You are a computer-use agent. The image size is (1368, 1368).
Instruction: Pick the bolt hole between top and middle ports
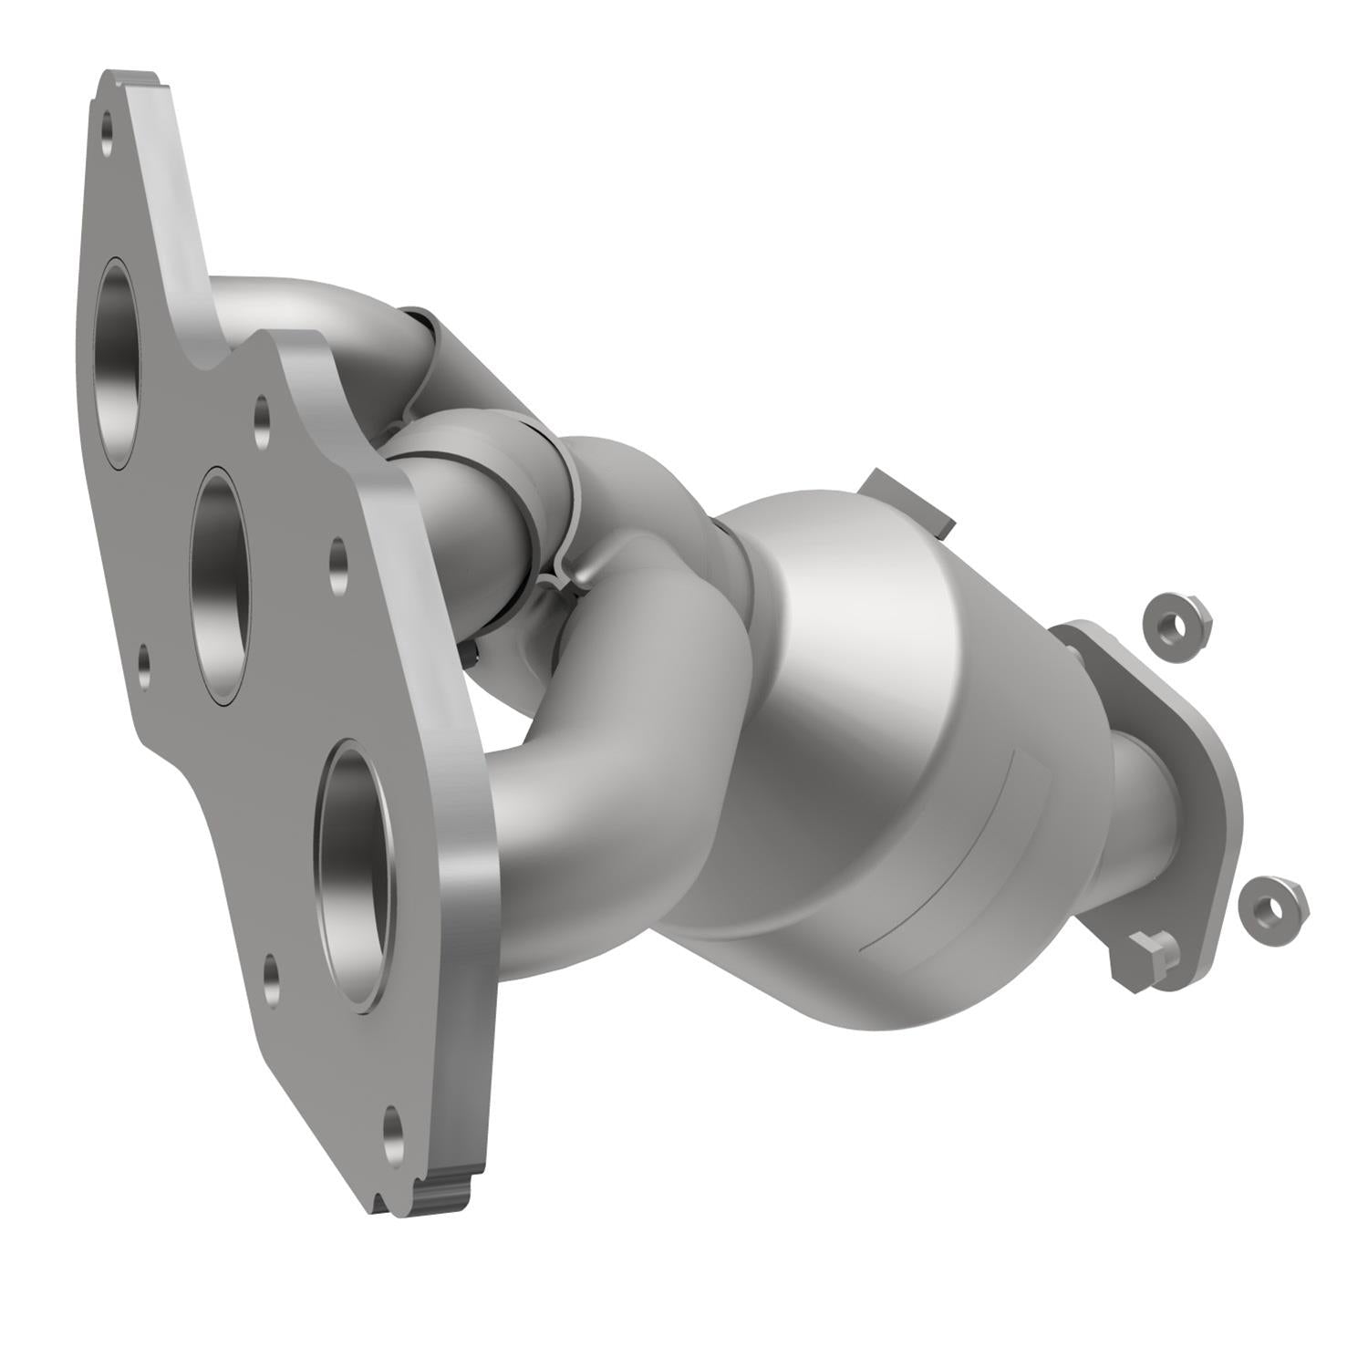point(263,421)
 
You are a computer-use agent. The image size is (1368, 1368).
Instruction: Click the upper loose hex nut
point(1177,623)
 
